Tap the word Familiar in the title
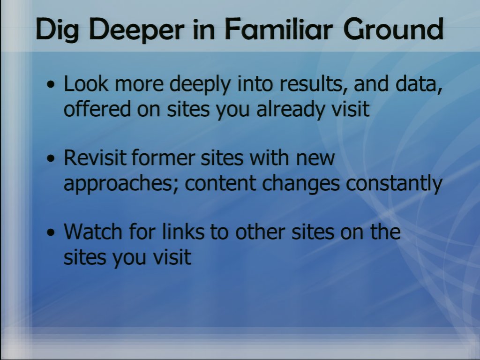278,29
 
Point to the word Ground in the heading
393,29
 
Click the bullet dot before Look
51,84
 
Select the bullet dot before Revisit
51,158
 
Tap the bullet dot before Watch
51,232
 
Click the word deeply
200,84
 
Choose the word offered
97,109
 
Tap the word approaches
121,184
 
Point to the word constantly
394,184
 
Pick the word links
183,232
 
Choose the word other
260,232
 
